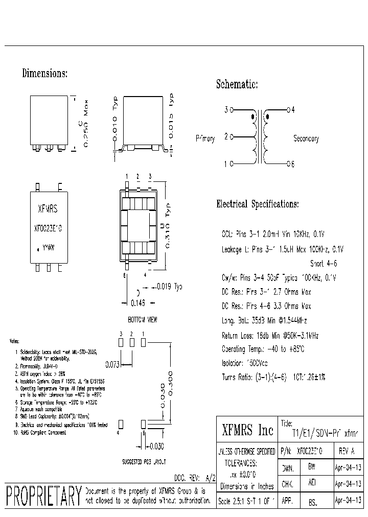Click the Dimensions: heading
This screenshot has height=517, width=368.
44,74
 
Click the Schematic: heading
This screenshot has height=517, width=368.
237,84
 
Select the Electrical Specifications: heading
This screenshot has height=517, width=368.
258,204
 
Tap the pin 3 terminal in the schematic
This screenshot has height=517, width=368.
232,110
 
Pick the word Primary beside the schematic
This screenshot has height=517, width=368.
205,138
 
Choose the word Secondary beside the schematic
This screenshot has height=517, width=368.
306,138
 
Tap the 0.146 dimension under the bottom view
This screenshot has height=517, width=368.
138,303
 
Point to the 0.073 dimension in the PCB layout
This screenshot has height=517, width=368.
113,365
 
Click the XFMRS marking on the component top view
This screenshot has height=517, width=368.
48,209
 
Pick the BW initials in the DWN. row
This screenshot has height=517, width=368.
312,467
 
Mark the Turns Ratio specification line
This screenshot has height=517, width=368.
273,377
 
